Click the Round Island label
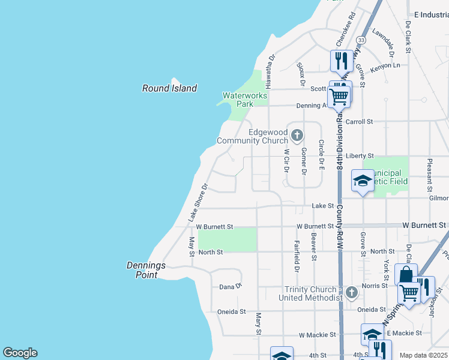[x=169, y=88]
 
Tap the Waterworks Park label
[x=244, y=100]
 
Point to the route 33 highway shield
[x=361, y=40]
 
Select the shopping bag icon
[x=406, y=275]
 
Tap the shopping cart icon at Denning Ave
[x=339, y=95]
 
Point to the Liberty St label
[x=359, y=155]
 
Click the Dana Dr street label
[x=230, y=287]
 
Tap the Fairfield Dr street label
[x=297, y=254]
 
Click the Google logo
[x=20, y=353]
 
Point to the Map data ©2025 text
[x=423, y=355]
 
